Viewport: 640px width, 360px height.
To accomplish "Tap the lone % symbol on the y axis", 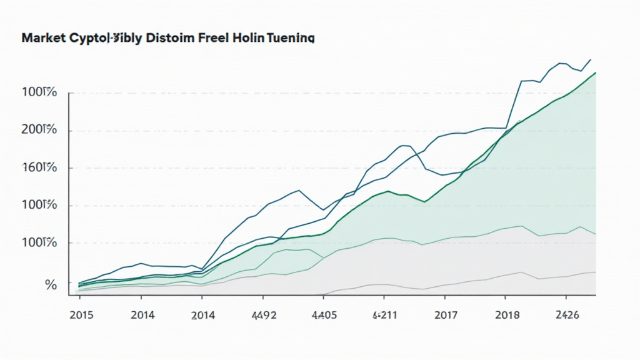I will pos(51,285).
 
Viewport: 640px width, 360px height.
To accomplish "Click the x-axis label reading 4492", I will pos(263,314).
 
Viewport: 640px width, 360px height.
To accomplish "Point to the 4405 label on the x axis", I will pos(324,314).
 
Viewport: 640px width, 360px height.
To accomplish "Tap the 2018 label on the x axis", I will pos(507,314).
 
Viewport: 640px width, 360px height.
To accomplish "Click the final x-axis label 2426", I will pos(566,314).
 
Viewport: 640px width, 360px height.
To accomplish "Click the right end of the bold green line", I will pos(596,72).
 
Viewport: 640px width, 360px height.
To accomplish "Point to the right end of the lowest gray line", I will pos(596,272).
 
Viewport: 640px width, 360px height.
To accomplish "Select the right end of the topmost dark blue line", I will pos(591,59).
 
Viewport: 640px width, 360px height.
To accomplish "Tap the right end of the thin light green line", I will pos(596,234).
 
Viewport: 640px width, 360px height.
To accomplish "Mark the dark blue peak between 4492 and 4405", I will pos(299,190).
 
